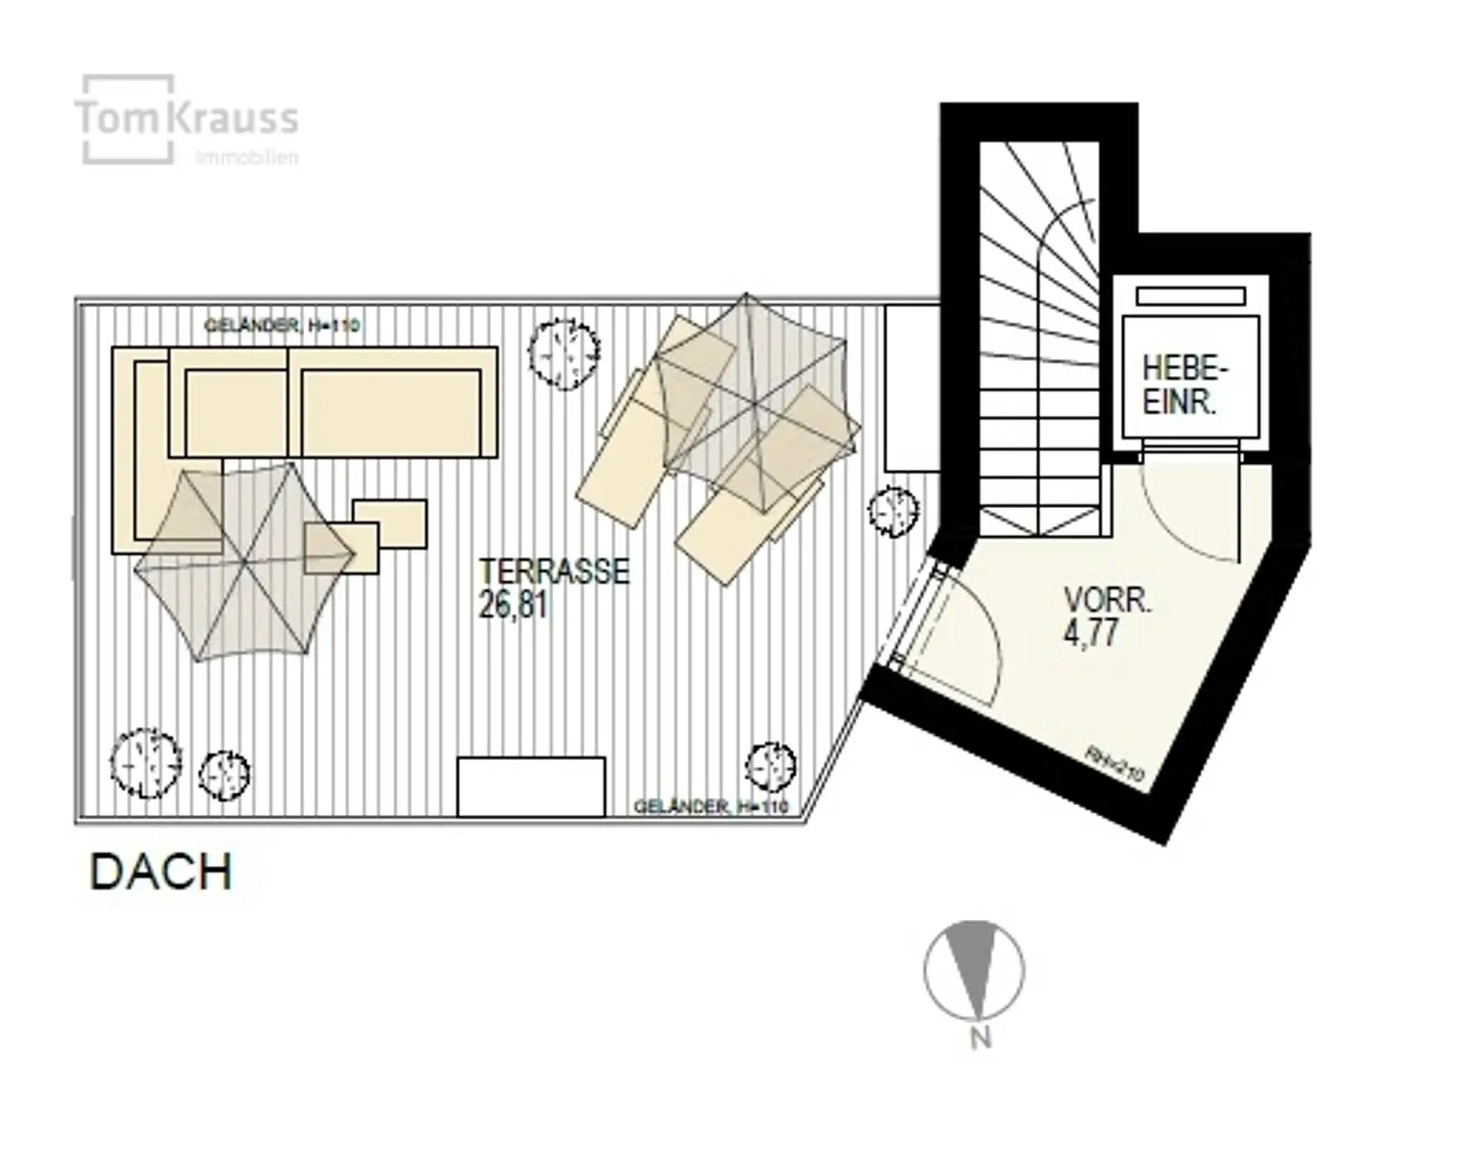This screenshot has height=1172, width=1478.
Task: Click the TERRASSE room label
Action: point(554,572)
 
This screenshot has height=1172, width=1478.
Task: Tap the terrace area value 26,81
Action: point(513,606)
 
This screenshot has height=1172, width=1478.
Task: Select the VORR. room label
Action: point(1108,600)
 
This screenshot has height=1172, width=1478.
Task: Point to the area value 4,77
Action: point(1091,634)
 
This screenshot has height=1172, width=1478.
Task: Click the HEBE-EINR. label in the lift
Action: point(1185,385)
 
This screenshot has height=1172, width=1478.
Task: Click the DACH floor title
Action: point(161,873)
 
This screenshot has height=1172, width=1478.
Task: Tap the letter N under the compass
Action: point(980,1039)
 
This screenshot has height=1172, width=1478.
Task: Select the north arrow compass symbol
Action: point(974,970)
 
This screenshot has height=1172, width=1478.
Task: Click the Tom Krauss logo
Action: point(187,120)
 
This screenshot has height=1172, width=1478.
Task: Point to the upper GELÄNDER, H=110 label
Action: point(282,326)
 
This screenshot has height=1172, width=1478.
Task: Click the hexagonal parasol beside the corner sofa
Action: point(244,561)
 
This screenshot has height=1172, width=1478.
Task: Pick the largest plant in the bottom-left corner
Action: point(145,762)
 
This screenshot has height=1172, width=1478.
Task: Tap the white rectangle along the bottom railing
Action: point(531,786)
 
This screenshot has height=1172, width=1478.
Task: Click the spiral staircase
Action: point(1039,337)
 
